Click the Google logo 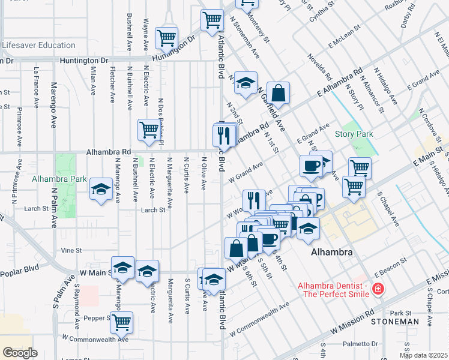click(x=19, y=352)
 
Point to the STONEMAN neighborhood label click(x=394, y=322)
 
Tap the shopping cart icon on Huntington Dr click(x=166, y=37)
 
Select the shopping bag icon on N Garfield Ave click(x=278, y=93)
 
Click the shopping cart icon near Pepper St click(x=122, y=322)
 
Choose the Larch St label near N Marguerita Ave click(x=152, y=210)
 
